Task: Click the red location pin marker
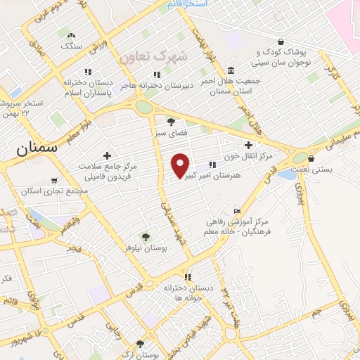(181, 165)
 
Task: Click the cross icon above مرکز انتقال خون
(248, 144)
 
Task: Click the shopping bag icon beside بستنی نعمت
(311, 158)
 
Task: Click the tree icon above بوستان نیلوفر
(146, 237)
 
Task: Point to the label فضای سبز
(169, 132)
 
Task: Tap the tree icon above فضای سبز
(170, 121)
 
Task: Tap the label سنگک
(72, 46)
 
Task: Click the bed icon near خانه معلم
(237, 212)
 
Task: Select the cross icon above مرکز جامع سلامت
(107, 155)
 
